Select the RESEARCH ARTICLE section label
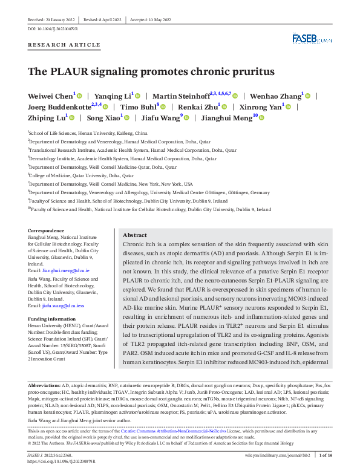click(57, 46)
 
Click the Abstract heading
click(134, 235)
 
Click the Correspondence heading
click(45, 230)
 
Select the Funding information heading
click(51, 319)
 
